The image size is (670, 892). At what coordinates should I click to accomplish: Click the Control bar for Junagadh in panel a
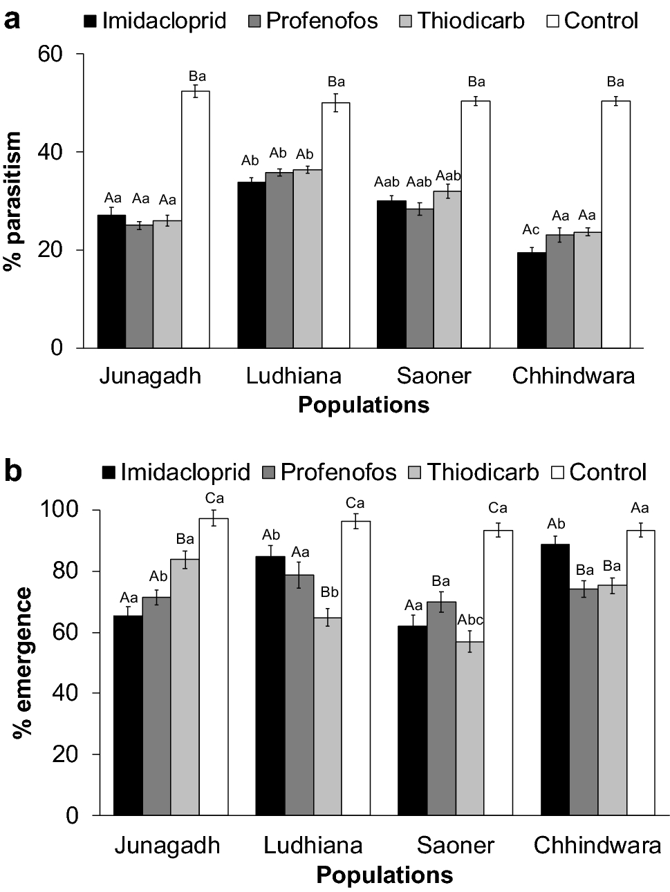196,219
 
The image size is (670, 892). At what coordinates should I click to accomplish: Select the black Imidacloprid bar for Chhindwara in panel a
531,300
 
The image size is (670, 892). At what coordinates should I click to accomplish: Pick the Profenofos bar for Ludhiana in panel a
279,260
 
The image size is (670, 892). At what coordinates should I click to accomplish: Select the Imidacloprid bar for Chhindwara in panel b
555,680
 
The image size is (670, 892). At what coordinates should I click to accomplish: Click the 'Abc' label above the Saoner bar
470,620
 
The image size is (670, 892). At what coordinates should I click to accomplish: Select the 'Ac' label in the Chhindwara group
531,230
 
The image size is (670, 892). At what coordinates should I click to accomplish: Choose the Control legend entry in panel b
599,473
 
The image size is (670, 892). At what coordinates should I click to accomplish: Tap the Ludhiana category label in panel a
294,376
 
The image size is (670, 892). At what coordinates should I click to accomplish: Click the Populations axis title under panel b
384,875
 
